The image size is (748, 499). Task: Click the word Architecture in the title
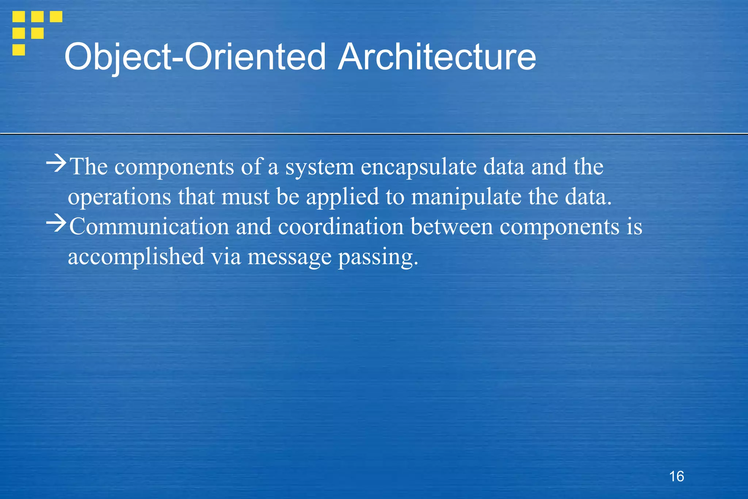pyautogui.click(x=437, y=57)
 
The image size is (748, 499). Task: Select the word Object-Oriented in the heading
pyautogui.click(x=195, y=58)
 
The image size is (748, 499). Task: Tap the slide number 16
pyautogui.click(x=676, y=476)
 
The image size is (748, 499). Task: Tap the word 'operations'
pyautogui.click(x=119, y=197)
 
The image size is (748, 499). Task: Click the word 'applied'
pyautogui.click(x=342, y=197)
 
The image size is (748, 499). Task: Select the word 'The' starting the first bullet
pyautogui.click(x=89, y=167)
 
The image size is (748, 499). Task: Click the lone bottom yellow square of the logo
pyautogui.click(x=19, y=50)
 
